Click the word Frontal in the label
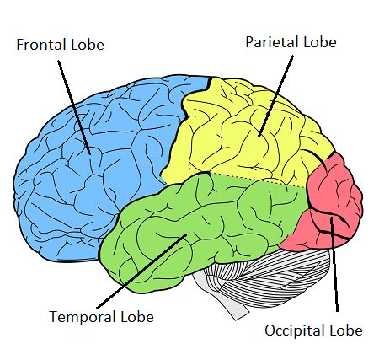coord(41,45)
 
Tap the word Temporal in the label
coord(83,317)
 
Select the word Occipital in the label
coord(295,330)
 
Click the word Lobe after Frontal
coord(88,45)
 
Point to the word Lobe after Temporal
coord(137,316)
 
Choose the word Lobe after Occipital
coord(346,330)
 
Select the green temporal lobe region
coord(196,225)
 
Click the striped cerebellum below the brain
coord(270,278)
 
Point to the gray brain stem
coord(222,298)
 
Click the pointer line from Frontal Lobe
coord(74,107)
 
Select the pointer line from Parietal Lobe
coord(275,96)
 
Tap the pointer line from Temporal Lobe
coord(141,271)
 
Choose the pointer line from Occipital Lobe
coord(334,265)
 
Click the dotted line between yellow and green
coord(258,180)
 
